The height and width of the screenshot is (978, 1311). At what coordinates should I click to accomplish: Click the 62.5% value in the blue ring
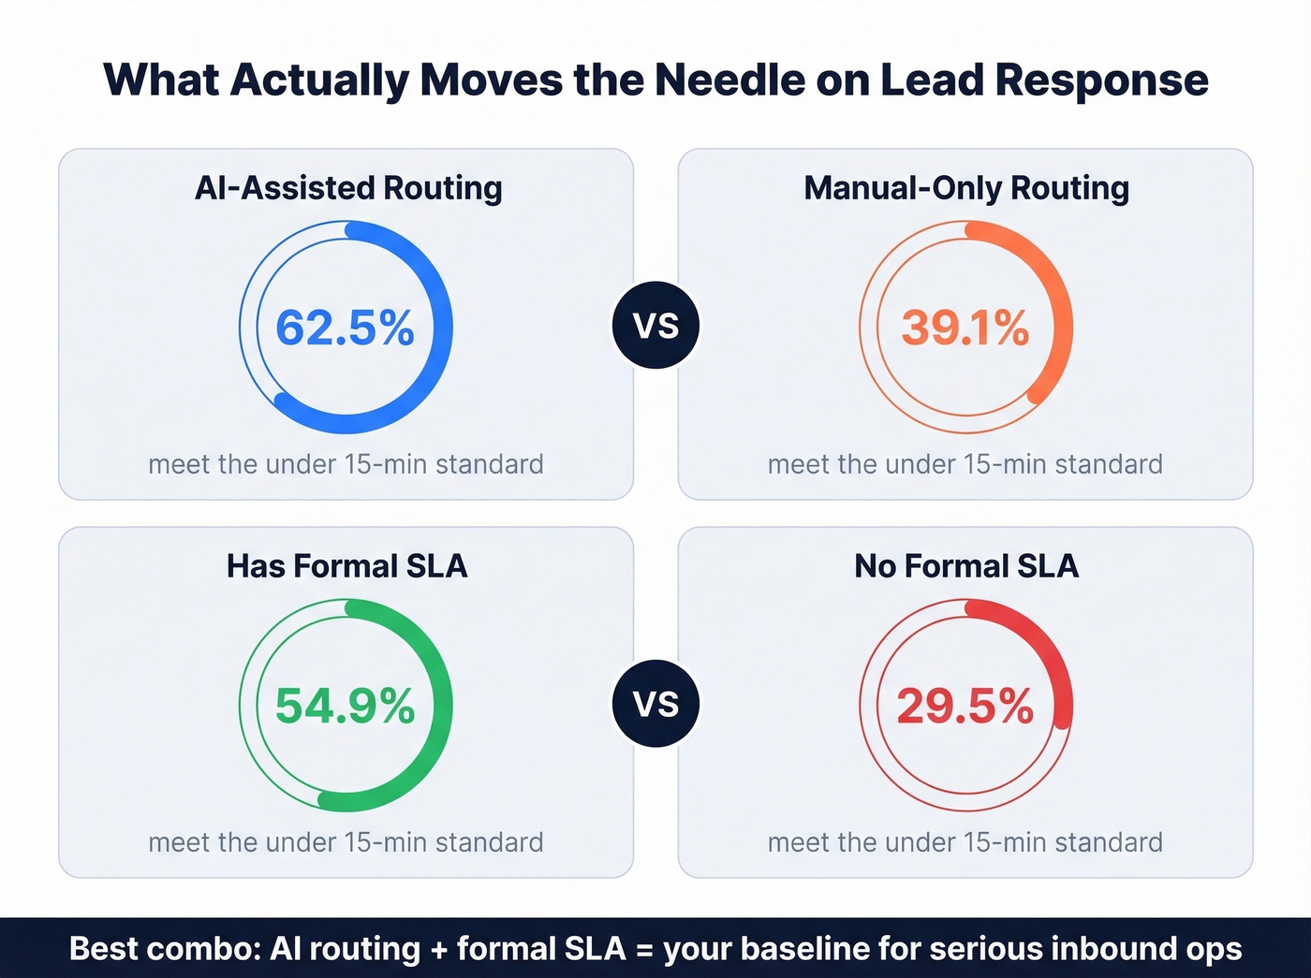click(345, 328)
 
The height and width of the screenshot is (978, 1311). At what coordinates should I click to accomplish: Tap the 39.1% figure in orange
click(965, 328)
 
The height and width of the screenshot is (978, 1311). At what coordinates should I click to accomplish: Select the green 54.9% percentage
click(345, 706)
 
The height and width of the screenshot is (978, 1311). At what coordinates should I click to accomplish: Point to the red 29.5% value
click(965, 706)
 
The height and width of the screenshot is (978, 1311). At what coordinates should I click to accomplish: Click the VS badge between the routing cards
click(655, 326)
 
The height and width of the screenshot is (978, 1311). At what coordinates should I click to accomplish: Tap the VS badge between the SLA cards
click(655, 704)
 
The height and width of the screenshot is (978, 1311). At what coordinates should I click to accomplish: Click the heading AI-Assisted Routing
click(348, 188)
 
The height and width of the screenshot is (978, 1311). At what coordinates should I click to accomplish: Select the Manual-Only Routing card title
click(966, 188)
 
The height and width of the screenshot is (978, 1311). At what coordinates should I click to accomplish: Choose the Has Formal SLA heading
click(346, 566)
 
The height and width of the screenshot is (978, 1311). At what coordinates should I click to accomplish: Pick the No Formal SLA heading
click(966, 566)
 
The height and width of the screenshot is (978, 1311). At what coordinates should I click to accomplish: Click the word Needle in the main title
click(729, 80)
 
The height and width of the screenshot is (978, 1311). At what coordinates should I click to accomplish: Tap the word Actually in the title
click(318, 80)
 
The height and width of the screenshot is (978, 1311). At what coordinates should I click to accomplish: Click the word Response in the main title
click(1101, 80)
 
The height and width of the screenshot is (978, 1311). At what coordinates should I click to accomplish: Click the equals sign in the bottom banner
click(644, 949)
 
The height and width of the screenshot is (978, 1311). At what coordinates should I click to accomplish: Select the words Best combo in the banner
click(165, 949)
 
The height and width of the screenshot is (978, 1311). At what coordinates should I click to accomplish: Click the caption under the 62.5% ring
click(346, 464)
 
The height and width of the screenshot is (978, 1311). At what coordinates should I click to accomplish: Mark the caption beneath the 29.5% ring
click(965, 842)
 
